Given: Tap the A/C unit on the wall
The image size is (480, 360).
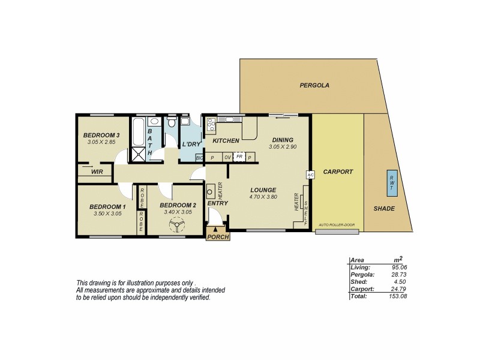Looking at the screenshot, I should tap(310, 175).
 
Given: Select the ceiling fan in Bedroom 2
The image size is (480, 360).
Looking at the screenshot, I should tap(176, 226).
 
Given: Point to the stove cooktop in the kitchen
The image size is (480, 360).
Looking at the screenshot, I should tap(211, 125).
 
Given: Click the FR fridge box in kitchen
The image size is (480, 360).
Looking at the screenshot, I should tap(239, 157).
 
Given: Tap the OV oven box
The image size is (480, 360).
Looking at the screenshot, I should tap(227, 157).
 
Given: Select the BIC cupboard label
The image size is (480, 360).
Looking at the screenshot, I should tap(199, 157).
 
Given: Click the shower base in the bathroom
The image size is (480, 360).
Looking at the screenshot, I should tap(139, 153).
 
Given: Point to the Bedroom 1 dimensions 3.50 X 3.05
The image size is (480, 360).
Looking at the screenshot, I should tap(107, 213).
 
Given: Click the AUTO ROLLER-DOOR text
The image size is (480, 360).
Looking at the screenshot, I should tap(337, 225).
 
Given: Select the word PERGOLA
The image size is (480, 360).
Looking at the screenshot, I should tap(314, 86).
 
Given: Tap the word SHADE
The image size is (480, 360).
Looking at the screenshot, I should tap(383, 208).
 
